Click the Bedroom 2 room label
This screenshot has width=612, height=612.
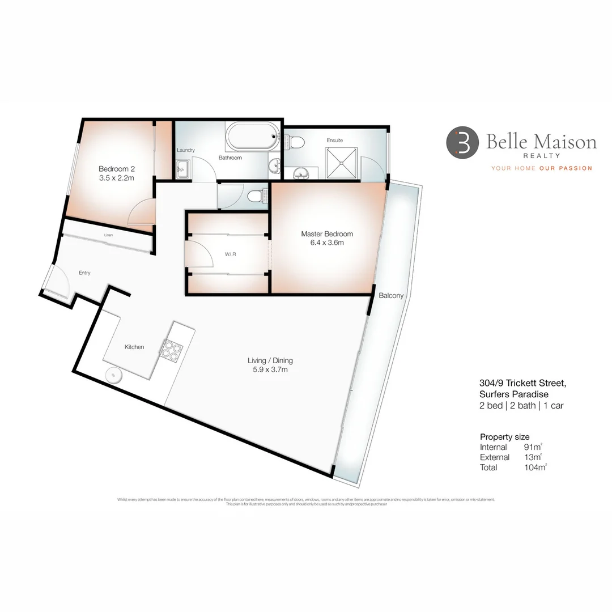(116, 169)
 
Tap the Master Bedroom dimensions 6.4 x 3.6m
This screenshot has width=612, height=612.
(326, 243)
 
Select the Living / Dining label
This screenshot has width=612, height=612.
(270, 360)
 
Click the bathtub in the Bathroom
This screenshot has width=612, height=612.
(252, 136)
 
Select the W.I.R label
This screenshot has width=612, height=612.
(229, 254)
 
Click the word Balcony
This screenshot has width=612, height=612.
(391, 295)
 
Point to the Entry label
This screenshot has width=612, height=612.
(84, 273)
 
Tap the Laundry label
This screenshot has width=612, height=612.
(185, 150)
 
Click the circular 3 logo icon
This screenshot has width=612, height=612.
(462, 142)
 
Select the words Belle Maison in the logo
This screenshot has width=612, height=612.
(541, 142)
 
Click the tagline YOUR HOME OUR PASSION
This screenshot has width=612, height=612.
(541, 168)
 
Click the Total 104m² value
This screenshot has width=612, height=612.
(535, 467)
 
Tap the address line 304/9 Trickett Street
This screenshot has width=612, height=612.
(521, 384)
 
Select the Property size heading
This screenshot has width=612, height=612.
(504, 437)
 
